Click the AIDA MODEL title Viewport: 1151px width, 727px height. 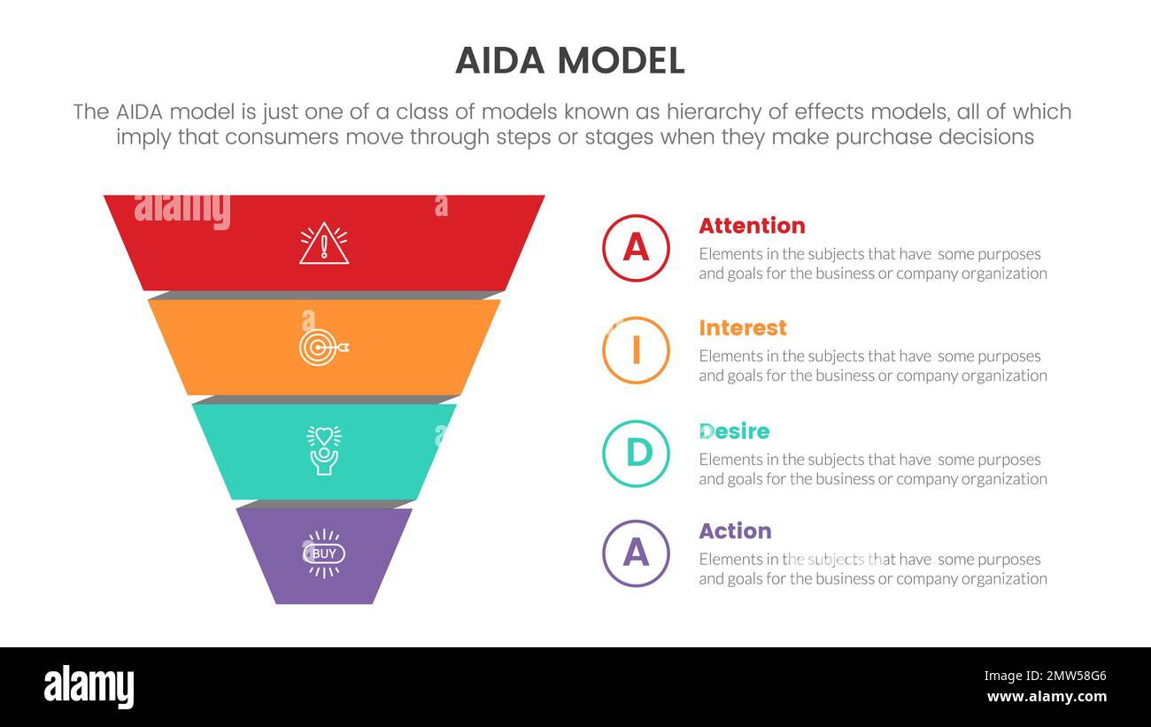pyautogui.click(x=569, y=60)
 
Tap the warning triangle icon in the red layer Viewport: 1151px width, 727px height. pyautogui.click(x=324, y=244)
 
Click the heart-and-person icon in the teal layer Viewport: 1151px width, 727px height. pyautogui.click(x=324, y=450)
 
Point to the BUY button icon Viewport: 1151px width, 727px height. pyautogui.click(x=324, y=553)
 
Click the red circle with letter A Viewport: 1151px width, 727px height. pyautogui.click(x=636, y=248)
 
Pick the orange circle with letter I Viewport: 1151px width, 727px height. pyautogui.click(x=636, y=351)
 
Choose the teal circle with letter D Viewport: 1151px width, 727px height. pyautogui.click(x=636, y=453)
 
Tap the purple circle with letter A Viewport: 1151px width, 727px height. pyautogui.click(x=636, y=553)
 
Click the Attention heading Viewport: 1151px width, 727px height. pyautogui.click(x=752, y=226)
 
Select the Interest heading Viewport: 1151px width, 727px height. pyautogui.click(x=742, y=329)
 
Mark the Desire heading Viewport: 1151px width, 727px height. pyautogui.click(x=734, y=431)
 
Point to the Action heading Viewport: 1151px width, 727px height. pyautogui.click(x=735, y=531)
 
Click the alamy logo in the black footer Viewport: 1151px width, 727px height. pyautogui.click(x=89, y=687)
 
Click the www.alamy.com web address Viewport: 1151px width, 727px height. pyautogui.click(x=1047, y=697)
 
